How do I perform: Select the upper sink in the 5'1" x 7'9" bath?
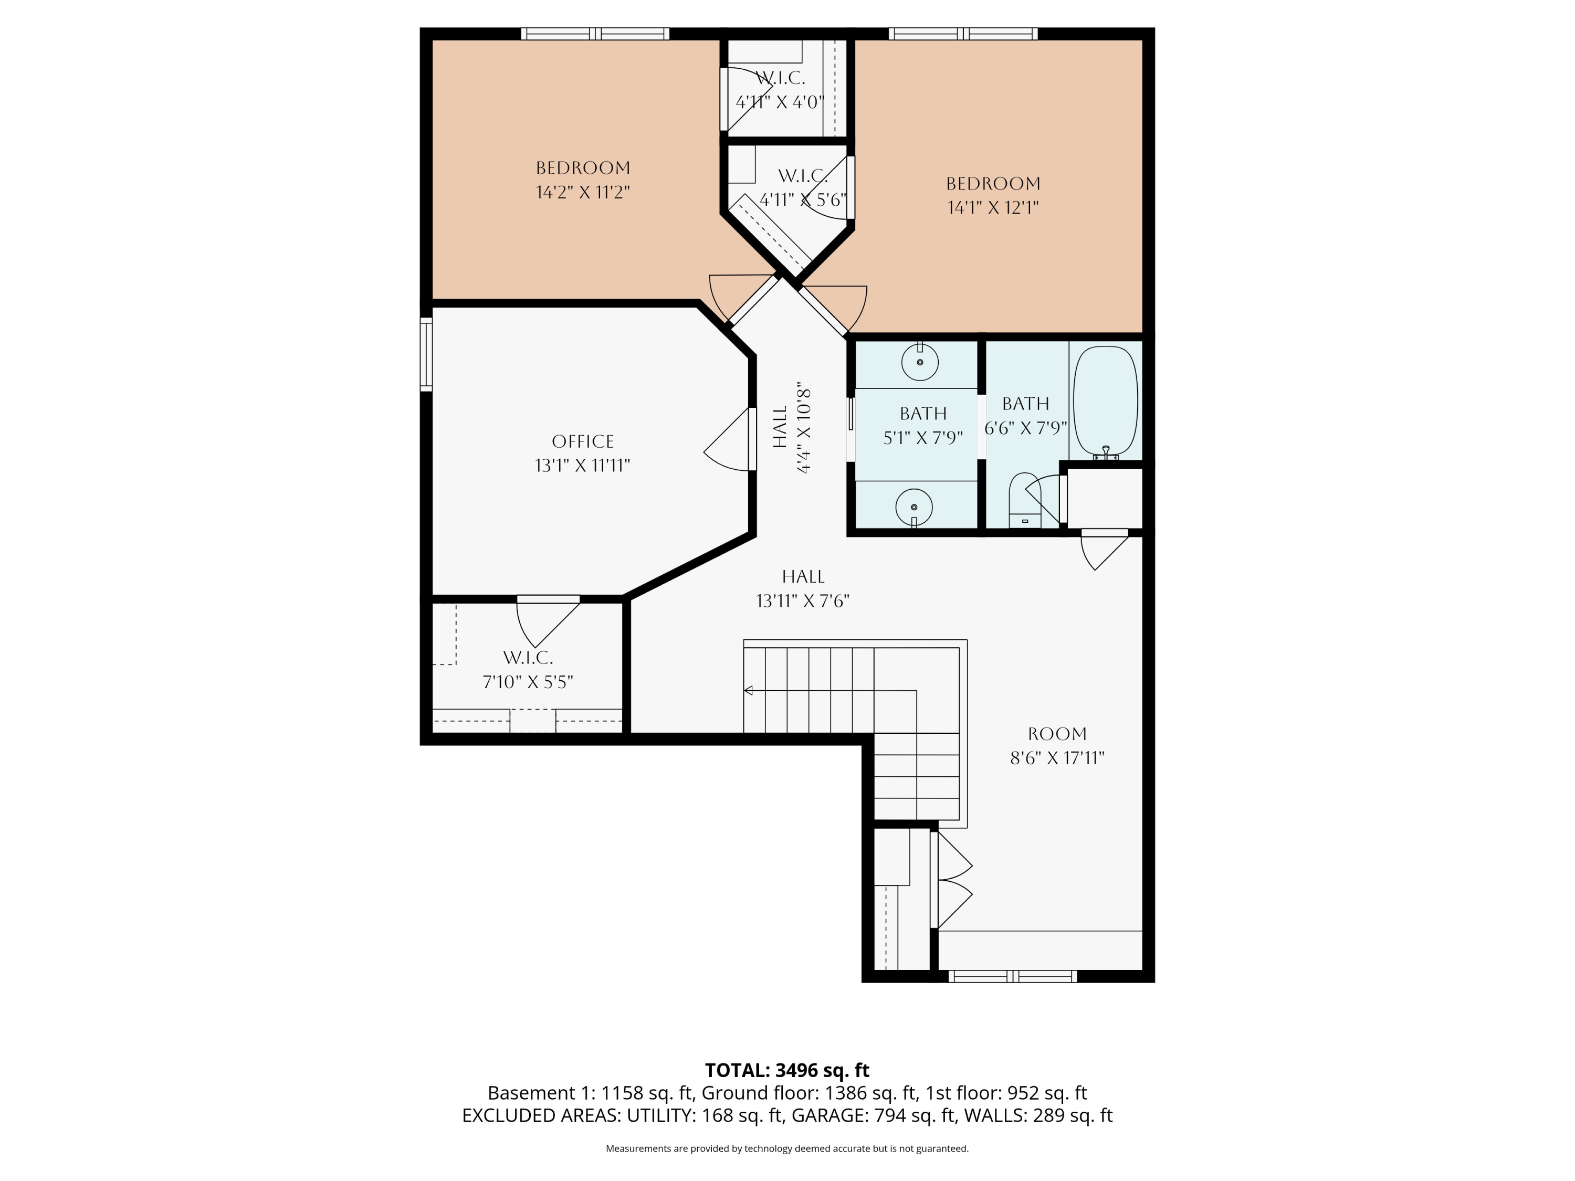pyautogui.click(x=919, y=362)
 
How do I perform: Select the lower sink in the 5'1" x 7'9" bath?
pyautogui.click(x=913, y=507)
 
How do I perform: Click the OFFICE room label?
pyautogui.click(x=582, y=441)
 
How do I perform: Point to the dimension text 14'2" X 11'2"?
pyautogui.click(x=582, y=192)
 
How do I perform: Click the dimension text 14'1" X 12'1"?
pyautogui.click(x=993, y=208)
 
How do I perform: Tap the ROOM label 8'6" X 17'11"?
pyautogui.click(x=1057, y=746)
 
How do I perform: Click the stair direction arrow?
pyautogui.click(x=748, y=691)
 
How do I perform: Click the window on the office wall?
pyautogui.click(x=426, y=354)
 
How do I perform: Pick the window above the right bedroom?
pyautogui.click(x=963, y=34)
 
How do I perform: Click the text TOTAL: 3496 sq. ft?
pyautogui.click(x=787, y=1070)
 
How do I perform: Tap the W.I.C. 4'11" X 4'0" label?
pyautogui.click(x=780, y=90)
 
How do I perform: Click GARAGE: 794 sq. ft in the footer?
pyautogui.click(x=874, y=1115)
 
